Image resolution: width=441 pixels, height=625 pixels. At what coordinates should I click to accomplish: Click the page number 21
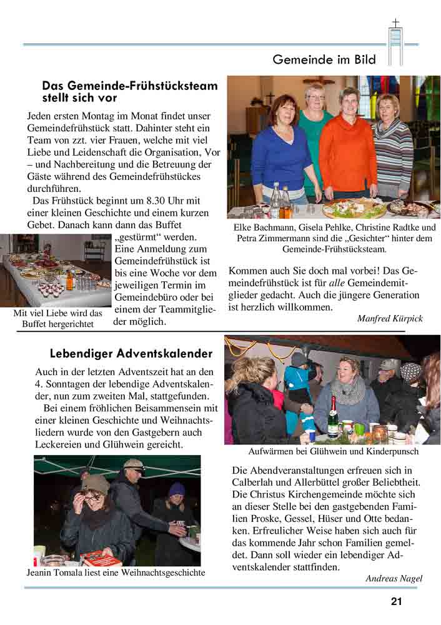[x=396, y=602]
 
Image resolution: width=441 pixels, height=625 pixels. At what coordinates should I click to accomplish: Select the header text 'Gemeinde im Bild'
[x=324, y=60]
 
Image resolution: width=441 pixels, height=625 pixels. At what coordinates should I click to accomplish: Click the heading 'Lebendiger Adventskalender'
[x=132, y=354]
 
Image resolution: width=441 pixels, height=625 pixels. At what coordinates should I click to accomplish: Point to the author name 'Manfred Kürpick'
[x=390, y=318]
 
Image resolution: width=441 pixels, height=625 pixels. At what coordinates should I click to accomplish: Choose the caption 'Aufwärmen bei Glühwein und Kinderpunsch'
[x=333, y=451]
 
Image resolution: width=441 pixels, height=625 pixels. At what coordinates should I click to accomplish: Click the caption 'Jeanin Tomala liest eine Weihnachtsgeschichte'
[x=116, y=572]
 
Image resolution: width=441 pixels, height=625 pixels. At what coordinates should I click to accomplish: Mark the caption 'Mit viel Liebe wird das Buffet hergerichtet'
[x=57, y=318]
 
